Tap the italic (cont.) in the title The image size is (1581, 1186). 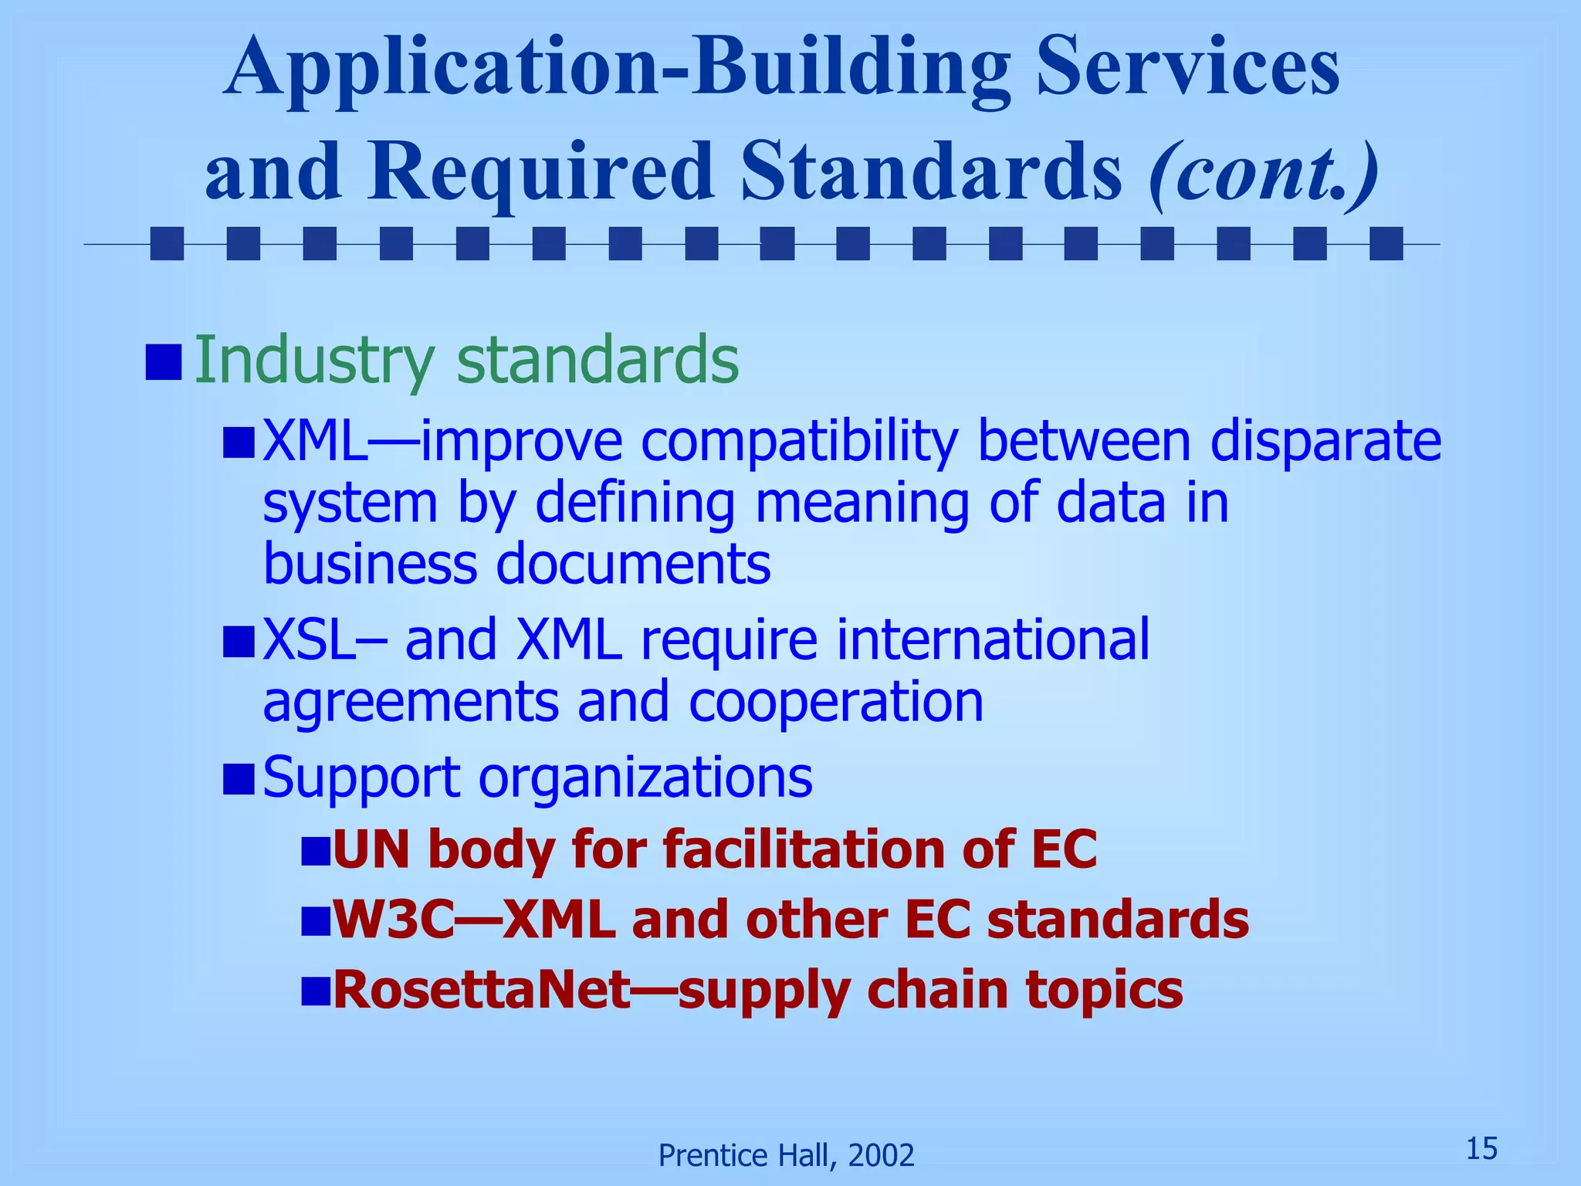coord(1263,173)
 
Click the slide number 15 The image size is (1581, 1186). coord(1481,1149)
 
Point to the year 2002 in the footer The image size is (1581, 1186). coord(881,1156)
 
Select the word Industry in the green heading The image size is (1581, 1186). coord(313,360)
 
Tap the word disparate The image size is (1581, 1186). coord(1325,442)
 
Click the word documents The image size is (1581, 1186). coord(632,564)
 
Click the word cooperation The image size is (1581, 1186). coord(835,702)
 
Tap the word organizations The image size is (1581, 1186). coord(645,778)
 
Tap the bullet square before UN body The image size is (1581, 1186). coord(315,851)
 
